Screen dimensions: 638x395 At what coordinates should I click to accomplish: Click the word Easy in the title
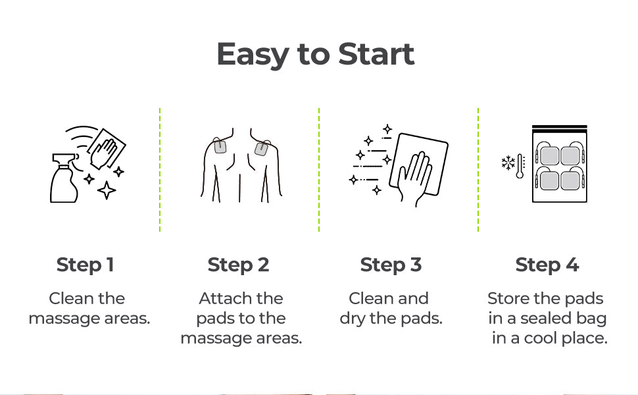point(253,55)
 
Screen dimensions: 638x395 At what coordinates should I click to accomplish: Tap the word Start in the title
point(376,54)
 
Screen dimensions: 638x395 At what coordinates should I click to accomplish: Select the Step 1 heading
point(85,265)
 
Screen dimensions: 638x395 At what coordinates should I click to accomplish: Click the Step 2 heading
point(239,265)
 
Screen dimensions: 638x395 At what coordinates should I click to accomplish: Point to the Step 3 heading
point(391,265)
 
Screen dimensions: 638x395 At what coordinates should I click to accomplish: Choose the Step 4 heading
point(547,265)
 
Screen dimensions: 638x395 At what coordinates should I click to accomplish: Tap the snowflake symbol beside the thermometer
point(508,163)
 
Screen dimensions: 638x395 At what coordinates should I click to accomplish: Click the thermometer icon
point(520,166)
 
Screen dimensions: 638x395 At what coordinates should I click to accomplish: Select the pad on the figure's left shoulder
point(220,146)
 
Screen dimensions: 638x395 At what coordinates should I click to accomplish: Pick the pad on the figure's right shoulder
point(261,149)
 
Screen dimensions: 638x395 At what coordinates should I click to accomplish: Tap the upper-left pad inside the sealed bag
point(549,156)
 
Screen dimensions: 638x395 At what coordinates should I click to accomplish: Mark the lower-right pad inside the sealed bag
point(570,181)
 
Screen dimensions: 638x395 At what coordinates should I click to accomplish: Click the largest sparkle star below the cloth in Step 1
point(107,190)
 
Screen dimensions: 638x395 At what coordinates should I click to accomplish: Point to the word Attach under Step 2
point(218,298)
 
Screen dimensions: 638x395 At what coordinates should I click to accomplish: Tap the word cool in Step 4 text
point(541,338)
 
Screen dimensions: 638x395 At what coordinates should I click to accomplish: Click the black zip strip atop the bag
point(560,126)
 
